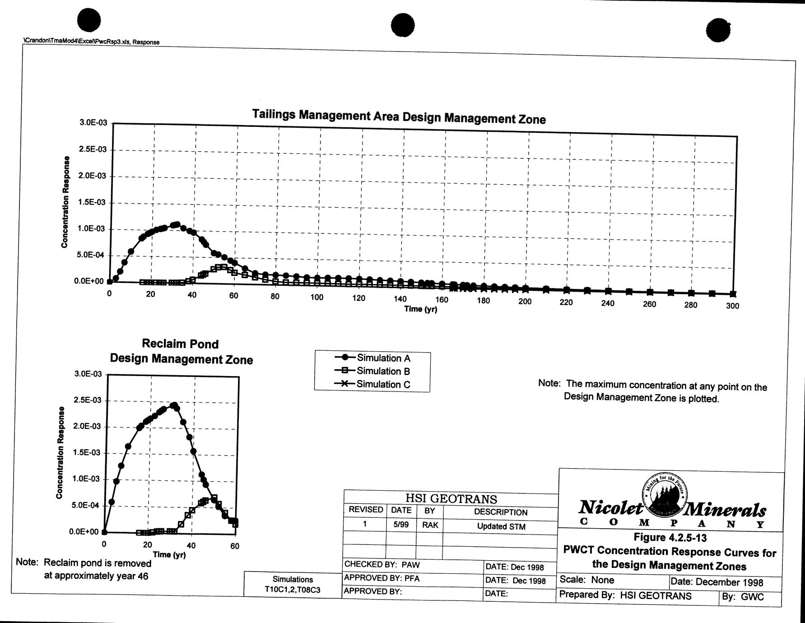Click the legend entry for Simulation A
pyautogui.click(x=373, y=358)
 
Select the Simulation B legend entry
pyautogui.click(x=373, y=371)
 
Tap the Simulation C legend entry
pyautogui.click(x=373, y=384)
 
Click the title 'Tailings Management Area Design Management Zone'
pyautogui.click(x=399, y=116)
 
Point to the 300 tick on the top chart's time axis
pyautogui.click(x=732, y=306)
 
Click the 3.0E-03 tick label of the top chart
pyautogui.click(x=92, y=123)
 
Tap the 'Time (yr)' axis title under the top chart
pyautogui.click(x=420, y=309)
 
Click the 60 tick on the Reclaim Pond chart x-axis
pyautogui.click(x=235, y=546)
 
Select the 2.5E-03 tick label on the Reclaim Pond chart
pyautogui.click(x=88, y=400)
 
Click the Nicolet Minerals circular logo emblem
pyautogui.click(x=663, y=496)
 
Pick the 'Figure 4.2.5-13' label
pyautogui.click(x=670, y=538)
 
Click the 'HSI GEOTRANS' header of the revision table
pyautogui.click(x=451, y=499)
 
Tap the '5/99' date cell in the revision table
pyautogui.click(x=401, y=525)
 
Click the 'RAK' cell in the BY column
pyautogui.click(x=430, y=525)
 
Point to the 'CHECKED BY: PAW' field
pyautogui.click(x=382, y=564)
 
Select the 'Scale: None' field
pyautogui.click(x=586, y=580)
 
